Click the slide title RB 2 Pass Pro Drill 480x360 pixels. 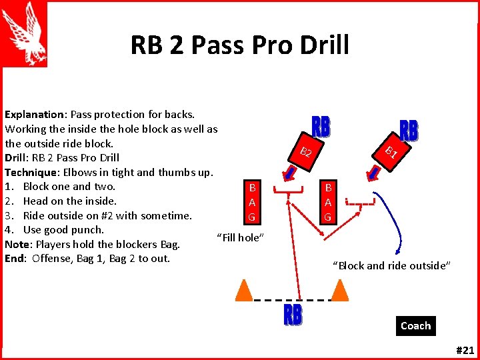239,45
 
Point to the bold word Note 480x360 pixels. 17,244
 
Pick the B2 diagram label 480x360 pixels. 306,152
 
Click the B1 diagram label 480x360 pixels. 391,152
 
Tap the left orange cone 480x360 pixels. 245,290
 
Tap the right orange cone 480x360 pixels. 340,290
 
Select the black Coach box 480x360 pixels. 415,325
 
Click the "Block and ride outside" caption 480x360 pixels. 392,265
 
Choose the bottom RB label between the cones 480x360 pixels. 293,315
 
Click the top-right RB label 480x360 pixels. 409,131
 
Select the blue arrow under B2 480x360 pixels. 290,173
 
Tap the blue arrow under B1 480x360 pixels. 375,172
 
